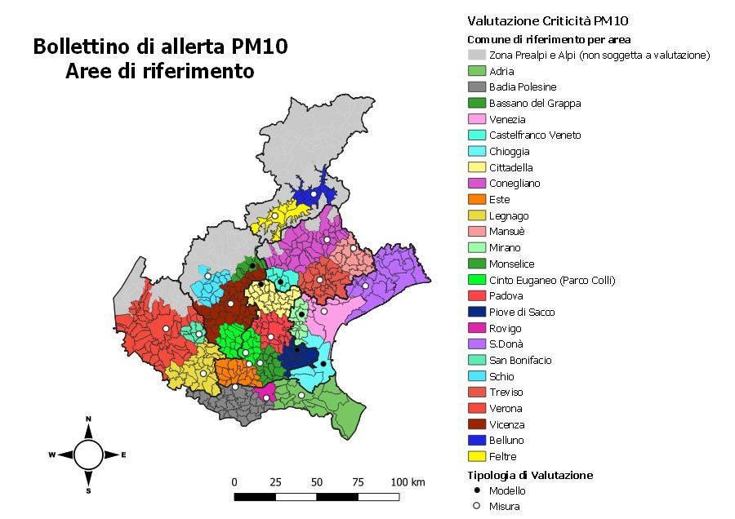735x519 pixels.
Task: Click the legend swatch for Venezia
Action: pyautogui.click(x=476, y=119)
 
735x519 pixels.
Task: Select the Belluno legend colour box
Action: pyautogui.click(x=476, y=440)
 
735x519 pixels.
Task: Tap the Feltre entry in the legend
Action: pyautogui.click(x=502, y=456)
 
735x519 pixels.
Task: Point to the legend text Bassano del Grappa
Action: pyautogui.click(x=535, y=103)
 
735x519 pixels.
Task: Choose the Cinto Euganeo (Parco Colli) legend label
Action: pyautogui.click(x=551, y=280)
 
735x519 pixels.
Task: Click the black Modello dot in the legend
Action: pyautogui.click(x=476, y=490)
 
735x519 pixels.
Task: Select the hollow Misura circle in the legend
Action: pyautogui.click(x=476, y=506)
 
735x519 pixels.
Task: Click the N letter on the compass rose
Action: pyautogui.click(x=88, y=419)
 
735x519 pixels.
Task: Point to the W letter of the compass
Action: pyautogui.click(x=51, y=455)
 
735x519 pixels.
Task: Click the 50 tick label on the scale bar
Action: pyautogui.click(x=317, y=482)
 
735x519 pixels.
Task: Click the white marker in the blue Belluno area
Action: pyautogui.click(x=314, y=194)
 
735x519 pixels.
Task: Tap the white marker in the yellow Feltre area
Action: pyautogui.click(x=275, y=216)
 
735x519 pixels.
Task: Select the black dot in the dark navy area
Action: pyautogui.click(x=297, y=349)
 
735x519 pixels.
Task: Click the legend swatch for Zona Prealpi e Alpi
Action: pyautogui.click(x=476, y=55)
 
